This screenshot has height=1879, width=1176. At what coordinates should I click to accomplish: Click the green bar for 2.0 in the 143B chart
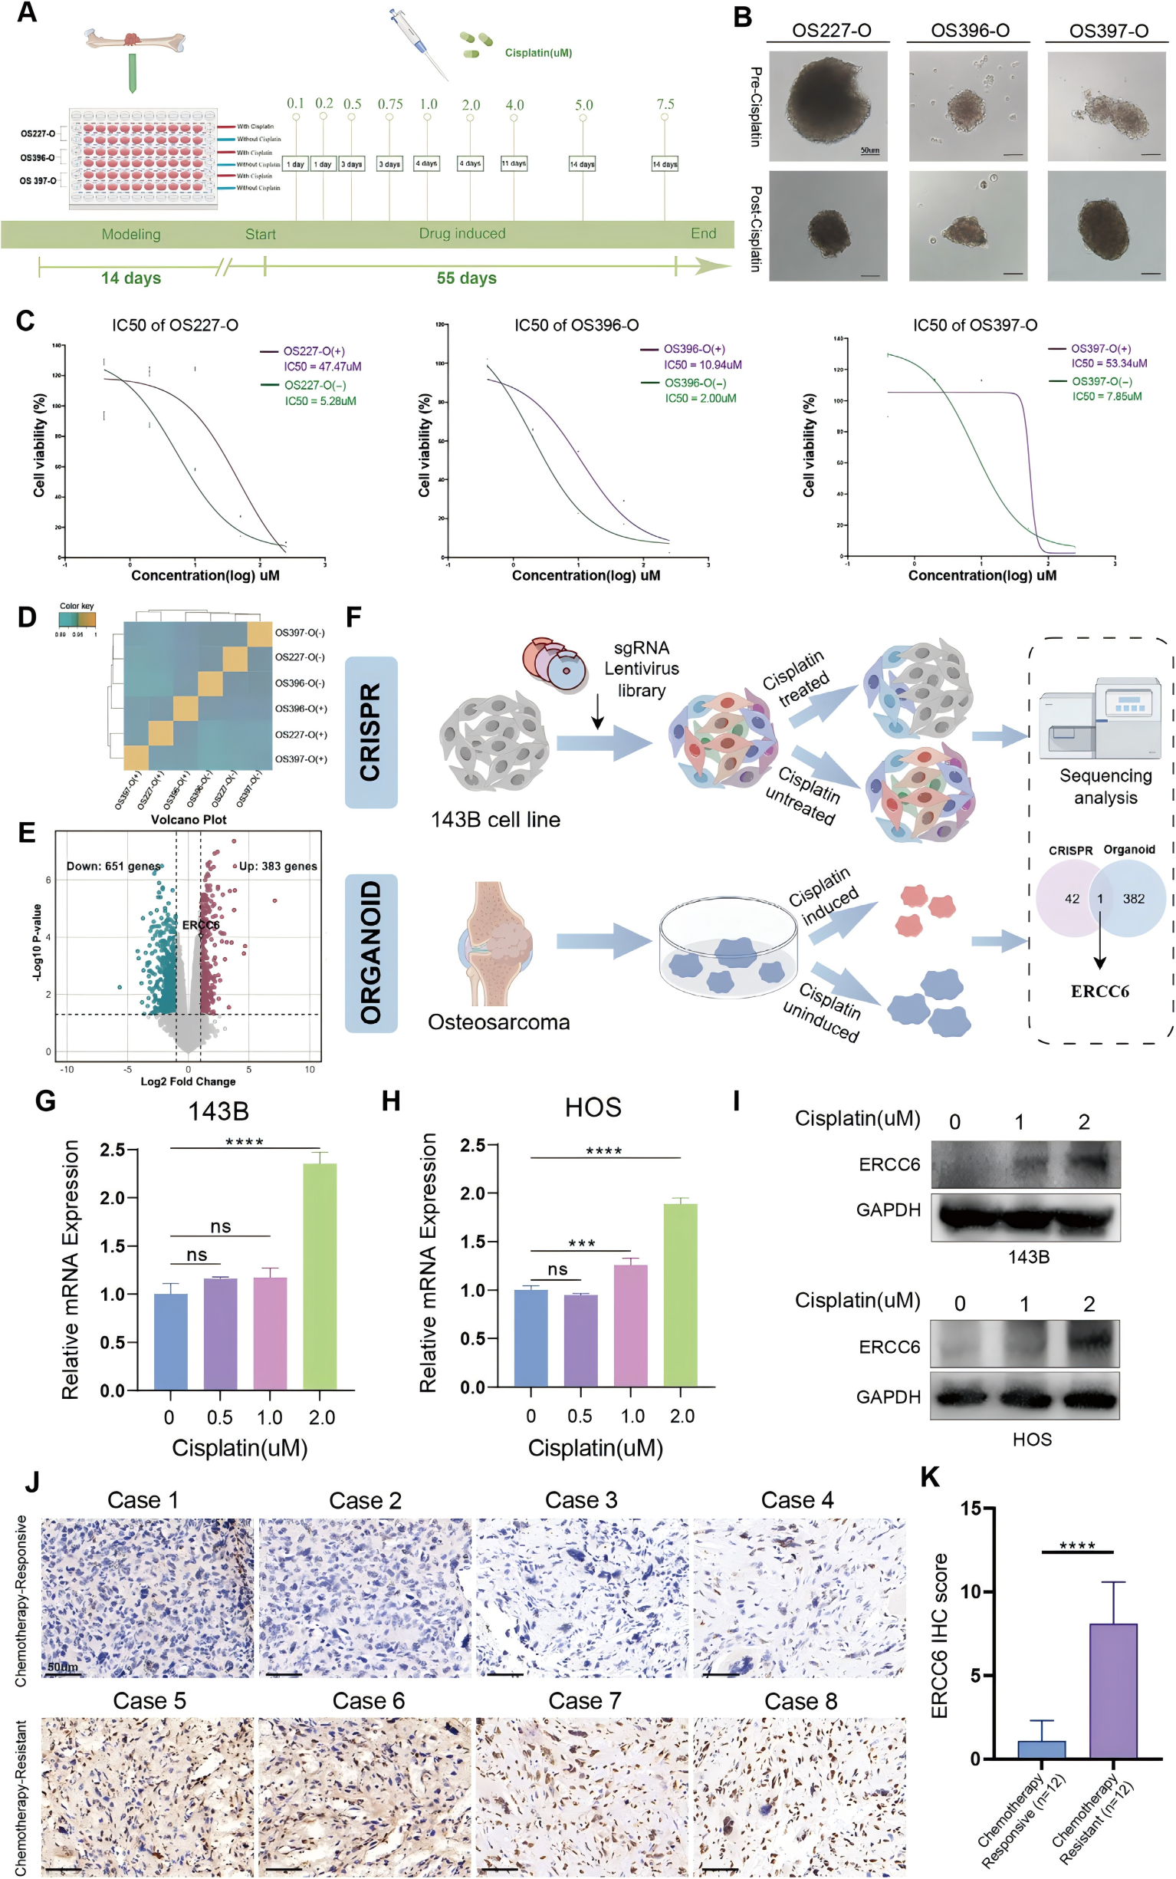(x=320, y=1276)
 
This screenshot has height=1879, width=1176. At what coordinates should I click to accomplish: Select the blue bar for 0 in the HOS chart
(x=531, y=1338)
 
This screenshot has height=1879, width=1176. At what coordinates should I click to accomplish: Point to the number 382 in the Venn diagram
(x=1133, y=899)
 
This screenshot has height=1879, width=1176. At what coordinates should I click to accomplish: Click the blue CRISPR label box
(x=371, y=732)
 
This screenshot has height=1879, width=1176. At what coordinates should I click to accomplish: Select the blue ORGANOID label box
(x=371, y=953)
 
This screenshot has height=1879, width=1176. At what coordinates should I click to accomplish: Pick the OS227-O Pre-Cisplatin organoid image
(x=827, y=106)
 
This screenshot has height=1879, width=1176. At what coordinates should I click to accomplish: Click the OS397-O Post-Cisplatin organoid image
(x=1109, y=225)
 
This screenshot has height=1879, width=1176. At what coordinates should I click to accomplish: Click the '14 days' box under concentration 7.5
(x=665, y=164)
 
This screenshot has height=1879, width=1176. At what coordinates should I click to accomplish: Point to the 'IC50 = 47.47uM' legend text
(x=322, y=367)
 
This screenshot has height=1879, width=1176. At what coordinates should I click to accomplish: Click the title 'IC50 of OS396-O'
(x=577, y=325)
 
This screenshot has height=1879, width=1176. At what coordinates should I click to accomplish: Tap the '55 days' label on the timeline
(x=466, y=278)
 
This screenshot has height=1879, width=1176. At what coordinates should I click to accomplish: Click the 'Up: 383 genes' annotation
(x=278, y=866)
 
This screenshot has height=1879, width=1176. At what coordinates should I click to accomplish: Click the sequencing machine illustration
(x=1100, y=720)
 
